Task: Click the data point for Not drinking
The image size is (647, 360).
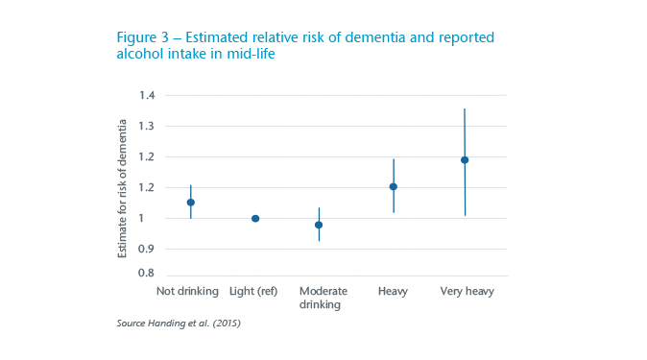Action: click(x=191, y=203)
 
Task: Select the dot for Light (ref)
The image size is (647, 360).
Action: click(x=255, y=218)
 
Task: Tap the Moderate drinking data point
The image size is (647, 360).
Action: click(x=319, y=225)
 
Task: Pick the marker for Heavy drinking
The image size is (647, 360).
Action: click(x=393, y=187)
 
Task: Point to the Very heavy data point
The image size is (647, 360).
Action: click(x=465, y=160)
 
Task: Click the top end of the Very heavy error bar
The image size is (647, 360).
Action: click(x=465, y=108)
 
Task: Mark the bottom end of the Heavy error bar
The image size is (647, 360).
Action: click(x=393, y=212)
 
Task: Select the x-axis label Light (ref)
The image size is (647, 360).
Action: click(x=253, y=290)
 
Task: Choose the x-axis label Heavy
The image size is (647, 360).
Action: click(x=393, y=290)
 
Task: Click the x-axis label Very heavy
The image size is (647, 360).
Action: click(x=466, y=290)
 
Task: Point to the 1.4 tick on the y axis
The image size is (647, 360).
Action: click(x=147, y=95)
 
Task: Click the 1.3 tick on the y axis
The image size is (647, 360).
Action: click(x=147, y=126)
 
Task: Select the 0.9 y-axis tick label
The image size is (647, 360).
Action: click(x=147, y=249)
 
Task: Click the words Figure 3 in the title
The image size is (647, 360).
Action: click(x=145, y=37)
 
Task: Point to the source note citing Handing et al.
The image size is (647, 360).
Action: click(x=178, y=324)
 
